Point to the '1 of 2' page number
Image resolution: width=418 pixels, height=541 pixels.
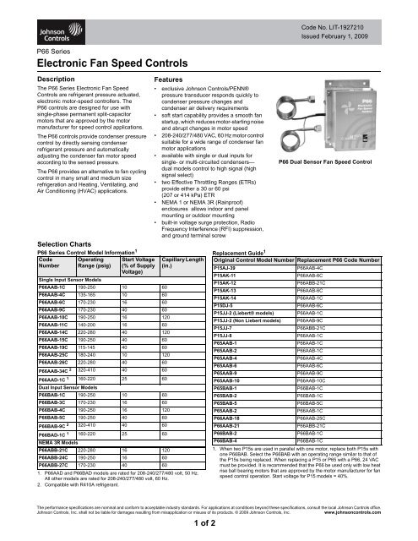click(209, 526)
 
